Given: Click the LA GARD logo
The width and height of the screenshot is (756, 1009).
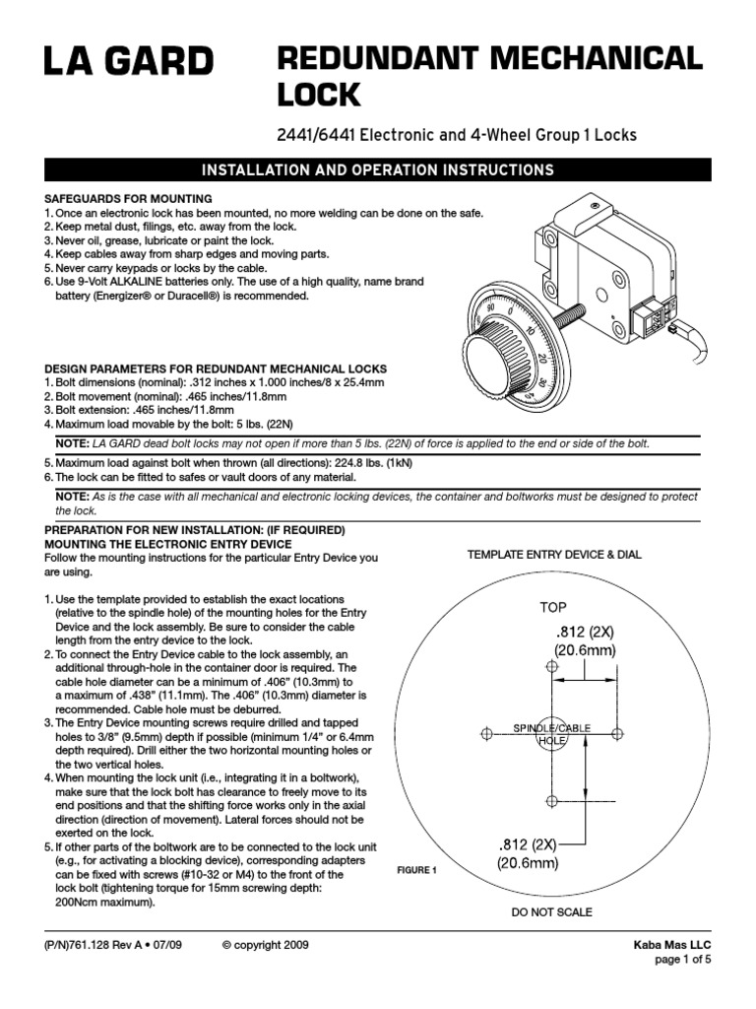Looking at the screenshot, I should (x=127, y=62).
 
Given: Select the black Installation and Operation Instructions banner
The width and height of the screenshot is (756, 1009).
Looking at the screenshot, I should (x=377, y=169).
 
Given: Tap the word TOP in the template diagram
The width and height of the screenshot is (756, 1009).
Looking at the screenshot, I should (x=552, y=607).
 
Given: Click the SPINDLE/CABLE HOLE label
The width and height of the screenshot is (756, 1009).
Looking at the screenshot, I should (x=551, y=733).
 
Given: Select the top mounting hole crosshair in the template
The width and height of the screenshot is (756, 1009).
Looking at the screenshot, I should (x=551, y=667).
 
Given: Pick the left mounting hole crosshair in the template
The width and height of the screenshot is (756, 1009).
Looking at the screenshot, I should (x=485, y=733).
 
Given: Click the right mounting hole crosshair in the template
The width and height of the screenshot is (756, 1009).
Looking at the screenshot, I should (x=617, y=733).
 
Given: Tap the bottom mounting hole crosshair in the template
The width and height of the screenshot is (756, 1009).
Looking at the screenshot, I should (x=551, y=799).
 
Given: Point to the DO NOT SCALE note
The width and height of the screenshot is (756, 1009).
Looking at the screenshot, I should (x=551, y=912).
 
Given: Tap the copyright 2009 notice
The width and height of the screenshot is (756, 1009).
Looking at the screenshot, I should (x=266, y=945).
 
